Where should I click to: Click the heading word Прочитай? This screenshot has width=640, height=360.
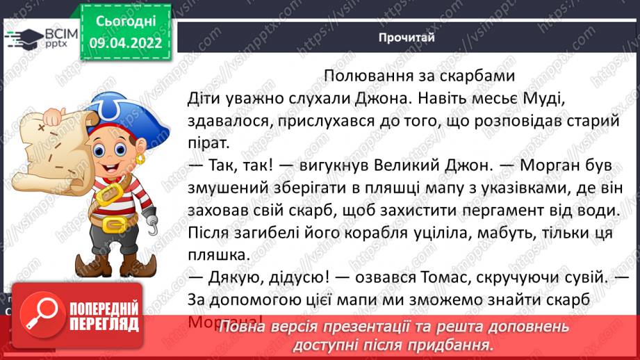coord(407,38)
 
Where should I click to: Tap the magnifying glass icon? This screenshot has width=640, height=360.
coord(41,313)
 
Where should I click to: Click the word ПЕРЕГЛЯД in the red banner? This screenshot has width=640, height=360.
coord(101,323)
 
